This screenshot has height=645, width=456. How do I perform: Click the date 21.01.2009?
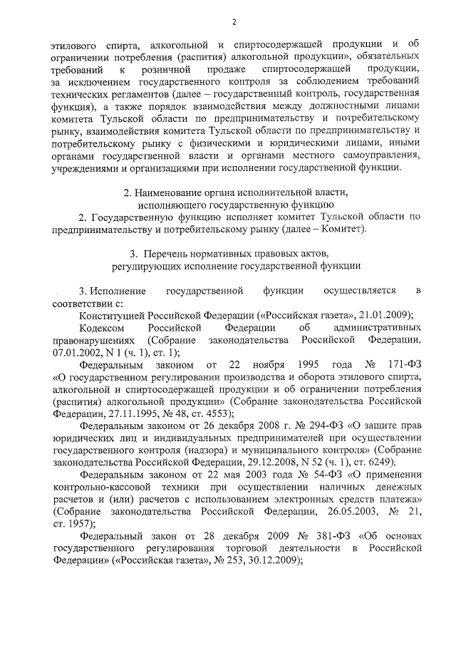pyautogui.click(x=387, y=316)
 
